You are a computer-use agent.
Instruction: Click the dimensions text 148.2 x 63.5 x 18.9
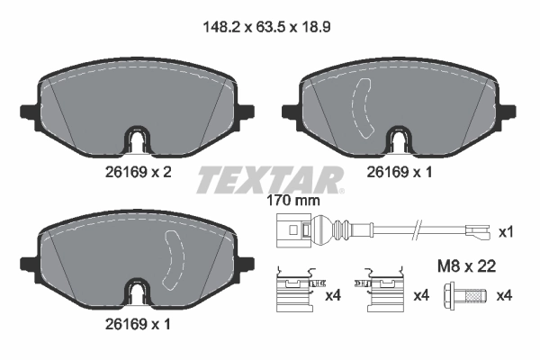coord(269,28)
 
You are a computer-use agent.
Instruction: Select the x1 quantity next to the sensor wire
coord(506,232)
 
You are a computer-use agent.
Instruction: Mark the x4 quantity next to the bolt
coord(506,295)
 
